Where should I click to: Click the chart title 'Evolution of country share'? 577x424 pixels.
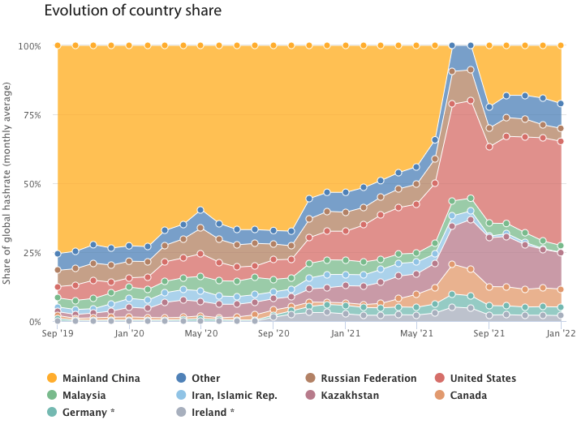(133, 11)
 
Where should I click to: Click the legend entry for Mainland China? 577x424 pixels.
(94, 378)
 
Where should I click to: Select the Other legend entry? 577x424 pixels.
(198, 378)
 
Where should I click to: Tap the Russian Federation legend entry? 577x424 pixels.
(361, 378)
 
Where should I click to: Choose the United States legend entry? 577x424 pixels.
(476, 378)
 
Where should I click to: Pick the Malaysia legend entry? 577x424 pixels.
(76, 396)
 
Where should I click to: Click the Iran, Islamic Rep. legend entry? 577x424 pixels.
(227, 396)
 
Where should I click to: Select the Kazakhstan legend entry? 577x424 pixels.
(342, 396)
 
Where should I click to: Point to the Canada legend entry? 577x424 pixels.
(461, 396)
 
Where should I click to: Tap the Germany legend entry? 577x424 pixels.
(81, 412)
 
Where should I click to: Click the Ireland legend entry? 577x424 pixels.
(205, 412)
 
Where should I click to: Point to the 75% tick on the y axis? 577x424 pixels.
(32, 115)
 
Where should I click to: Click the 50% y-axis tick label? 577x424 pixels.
(32, 184)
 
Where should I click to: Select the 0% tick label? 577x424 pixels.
(35, 322)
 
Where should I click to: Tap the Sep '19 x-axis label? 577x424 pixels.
(58, 333)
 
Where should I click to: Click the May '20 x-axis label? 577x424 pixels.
(201, 333)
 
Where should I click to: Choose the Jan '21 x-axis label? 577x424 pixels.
(345, 333)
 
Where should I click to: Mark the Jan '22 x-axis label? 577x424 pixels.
(561, 333)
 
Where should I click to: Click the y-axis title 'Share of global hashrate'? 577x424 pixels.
(6, 183)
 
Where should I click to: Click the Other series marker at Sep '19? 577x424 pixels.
(58, 254)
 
